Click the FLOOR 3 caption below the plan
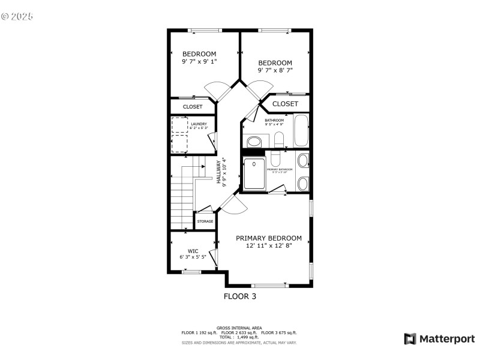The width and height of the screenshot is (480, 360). pyautogui.click(x=240, y=296)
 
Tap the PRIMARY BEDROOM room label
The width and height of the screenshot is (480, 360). pyautogui.click(x=268, y=238)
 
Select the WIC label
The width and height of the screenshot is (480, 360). pyautogui.click(x=193, y=251)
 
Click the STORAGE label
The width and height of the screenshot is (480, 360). pyautogui.click(x=205, y=221)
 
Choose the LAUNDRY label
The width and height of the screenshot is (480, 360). pyautogui.click(x=199, y=124)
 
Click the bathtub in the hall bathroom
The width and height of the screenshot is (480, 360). pyautogui.click(x=301, y=132)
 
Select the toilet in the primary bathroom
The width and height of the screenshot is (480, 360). pyautogui.click(x=275, y=159)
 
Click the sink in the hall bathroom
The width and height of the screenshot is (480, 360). pyautogui.click(x=254, y=142)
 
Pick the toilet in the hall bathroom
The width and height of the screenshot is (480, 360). pyautogui.click(x=278, y=140)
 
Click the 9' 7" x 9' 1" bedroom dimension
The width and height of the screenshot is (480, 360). pyautogui.click(x=199, y=61)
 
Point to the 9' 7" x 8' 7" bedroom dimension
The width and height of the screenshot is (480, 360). pyautogui.click(x=275, y=70)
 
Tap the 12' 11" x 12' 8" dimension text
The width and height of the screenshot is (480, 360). pyautogui.click(x=268, y=246)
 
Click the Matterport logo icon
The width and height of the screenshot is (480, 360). pyautogui.click(x=410, y=339)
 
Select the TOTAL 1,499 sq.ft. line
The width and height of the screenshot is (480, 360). pyautogui.click(x=239, y=337)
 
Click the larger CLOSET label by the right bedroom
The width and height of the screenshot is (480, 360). pyautogui.click(x=285, y=104)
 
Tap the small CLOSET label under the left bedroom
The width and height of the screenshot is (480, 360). pyautogui.click(x=193, y=107)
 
